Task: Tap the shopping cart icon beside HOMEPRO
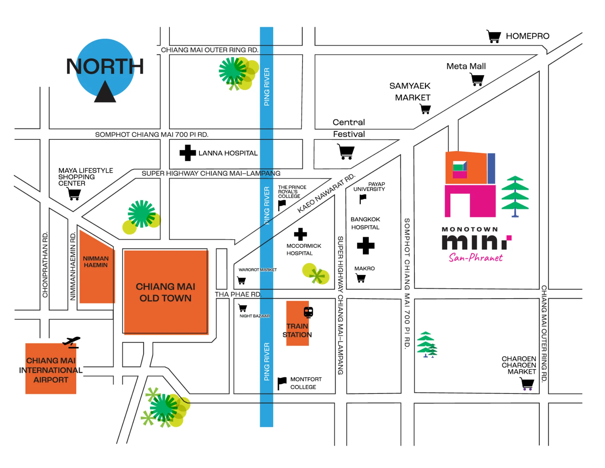pos(494,36)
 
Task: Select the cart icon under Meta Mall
pos(477,80)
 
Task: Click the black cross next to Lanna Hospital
pos(188,153)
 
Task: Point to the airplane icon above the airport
pos(72,342)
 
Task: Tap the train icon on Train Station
pos(308,312)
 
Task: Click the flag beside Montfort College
pos(282,383)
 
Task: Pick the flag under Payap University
pos(362,199)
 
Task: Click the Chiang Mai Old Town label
pos(165,292)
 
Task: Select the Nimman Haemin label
pos(96,262)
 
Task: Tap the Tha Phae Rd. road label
pos(238,294)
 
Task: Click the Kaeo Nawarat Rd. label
pos(326,193)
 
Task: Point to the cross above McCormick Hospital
pos(300,234)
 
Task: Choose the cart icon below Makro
pos(361,278)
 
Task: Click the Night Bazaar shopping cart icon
pos(243,308)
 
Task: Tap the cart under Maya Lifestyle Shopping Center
pos(74,194)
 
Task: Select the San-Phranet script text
pos(476,258)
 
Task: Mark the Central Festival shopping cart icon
pos(346,152)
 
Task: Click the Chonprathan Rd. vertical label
pos(45,264)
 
